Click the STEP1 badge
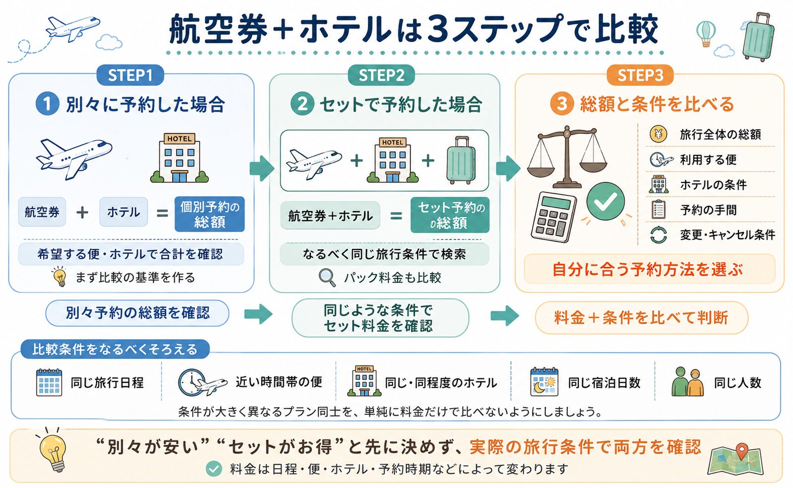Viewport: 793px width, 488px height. (130, 75)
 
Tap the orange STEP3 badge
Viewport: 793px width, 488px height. (640, 75)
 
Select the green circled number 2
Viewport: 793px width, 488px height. (302, 104)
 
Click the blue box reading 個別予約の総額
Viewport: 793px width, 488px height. (210, 214)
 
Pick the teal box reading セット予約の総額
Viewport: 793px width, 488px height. (450, 215)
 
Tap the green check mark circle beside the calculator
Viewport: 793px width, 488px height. (606, 201)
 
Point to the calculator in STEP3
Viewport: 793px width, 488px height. (553, 217)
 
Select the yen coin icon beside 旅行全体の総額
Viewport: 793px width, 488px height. (658, 134)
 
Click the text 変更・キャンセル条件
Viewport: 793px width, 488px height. (728, 235)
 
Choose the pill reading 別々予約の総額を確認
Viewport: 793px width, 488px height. (137, 313)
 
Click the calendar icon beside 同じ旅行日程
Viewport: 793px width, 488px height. (49, 382)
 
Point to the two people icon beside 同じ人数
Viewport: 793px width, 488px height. (687, 382)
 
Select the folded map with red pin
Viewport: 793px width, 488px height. (735, 459)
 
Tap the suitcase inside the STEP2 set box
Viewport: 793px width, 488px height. (461, 160)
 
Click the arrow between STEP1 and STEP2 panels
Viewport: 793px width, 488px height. (262, 168)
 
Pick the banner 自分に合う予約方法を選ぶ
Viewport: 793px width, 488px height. (649, 269)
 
